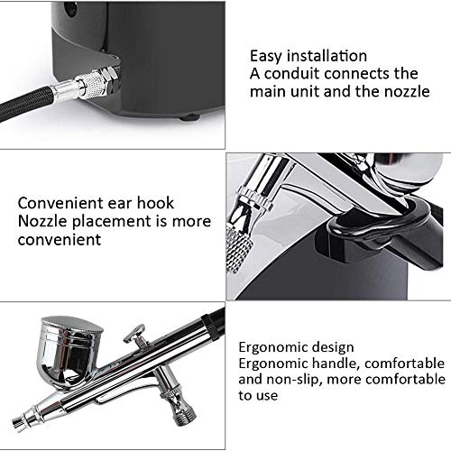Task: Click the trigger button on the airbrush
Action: pos(142,335)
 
